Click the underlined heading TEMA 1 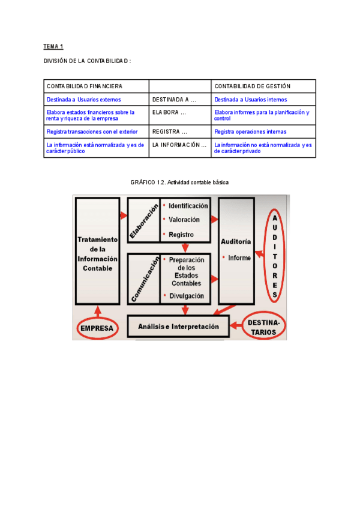pos(53,46)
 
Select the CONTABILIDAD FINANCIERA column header pos(84,86)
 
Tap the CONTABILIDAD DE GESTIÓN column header pos(252,86)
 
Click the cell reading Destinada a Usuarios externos pos(83,100)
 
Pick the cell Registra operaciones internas pos(250,131)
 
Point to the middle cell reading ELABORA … pos(169,112)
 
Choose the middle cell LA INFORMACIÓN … pos(179,145)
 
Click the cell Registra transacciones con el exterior pos(92,131)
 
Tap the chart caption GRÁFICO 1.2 pos(180,182)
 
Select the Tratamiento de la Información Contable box pos(97,253)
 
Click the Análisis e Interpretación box pos(178,327)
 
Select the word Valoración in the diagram pos(184,220)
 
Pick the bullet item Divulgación pos(186,296)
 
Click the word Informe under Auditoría pos(239,258)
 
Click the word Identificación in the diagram pos(188,206)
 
